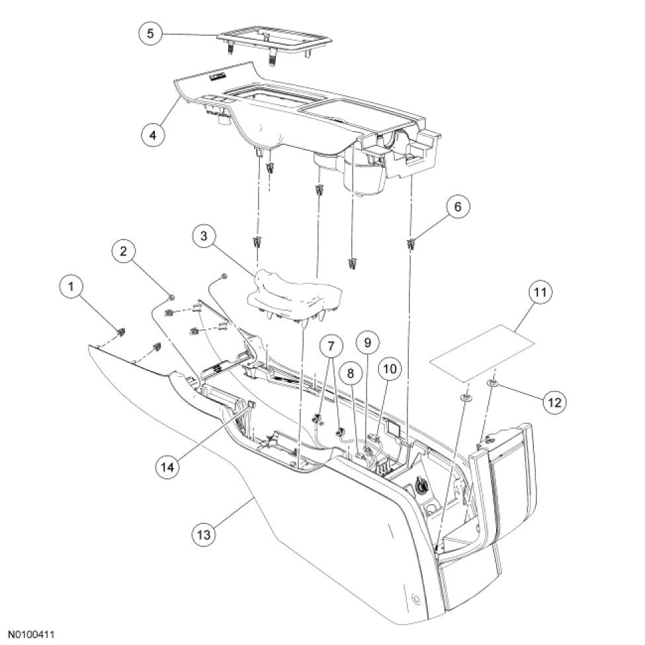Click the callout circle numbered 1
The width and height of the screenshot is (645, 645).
(71, 287)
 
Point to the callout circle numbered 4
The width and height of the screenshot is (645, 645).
(153, 133)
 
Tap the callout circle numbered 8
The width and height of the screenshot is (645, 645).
(351, 373)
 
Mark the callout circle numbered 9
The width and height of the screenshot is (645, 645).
(368, 342)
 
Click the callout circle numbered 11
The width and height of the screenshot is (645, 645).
(540, 292)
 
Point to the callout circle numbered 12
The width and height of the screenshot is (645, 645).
(554, 400)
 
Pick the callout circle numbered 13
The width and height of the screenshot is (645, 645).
(205, 532)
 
